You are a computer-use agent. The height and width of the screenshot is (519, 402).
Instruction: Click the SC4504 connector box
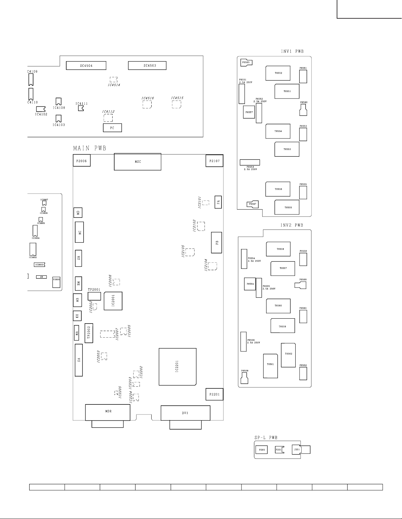(86, 65)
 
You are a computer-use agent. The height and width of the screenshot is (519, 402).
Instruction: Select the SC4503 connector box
(147, 65)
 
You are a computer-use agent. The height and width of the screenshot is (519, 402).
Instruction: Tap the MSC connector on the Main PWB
(138, 162)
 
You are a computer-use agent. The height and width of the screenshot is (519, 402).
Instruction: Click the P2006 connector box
(81, 161)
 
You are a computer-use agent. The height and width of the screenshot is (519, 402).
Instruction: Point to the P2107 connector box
(215, 161)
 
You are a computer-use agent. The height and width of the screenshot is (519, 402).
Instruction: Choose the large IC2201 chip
(178, 366)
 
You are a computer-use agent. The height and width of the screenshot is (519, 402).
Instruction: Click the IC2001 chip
(113, 301)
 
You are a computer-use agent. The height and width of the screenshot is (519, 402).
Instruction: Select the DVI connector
(185, 413)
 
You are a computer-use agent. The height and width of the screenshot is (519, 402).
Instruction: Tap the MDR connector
(108, 412)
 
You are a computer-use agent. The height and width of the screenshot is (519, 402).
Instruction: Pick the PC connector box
(112, 128)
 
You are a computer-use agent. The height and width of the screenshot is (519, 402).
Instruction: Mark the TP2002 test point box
(89, 333)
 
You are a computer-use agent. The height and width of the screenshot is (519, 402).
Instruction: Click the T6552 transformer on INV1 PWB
(278, 73)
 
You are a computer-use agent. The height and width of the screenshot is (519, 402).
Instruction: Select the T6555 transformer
(287, 207)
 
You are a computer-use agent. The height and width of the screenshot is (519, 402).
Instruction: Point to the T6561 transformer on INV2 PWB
(270, 365)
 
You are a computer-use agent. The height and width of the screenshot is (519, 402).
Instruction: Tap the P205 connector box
(262, 450)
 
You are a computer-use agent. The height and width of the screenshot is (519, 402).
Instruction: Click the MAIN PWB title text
(90, 148)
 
